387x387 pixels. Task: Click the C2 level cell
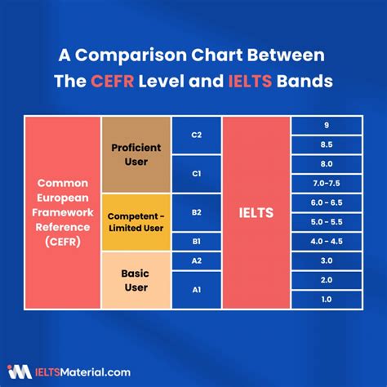[x=197, y=136]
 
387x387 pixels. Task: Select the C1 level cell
[x=197, y=174]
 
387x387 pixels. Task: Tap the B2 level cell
[x=197, y=212]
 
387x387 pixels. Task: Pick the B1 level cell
[x=197, y=242]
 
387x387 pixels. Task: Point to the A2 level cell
[x=197, y=261]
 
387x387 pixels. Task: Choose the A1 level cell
[x=197, y=290]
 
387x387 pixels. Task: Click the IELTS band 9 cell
[x=327, y=126]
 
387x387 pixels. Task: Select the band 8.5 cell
[x=327, y=145]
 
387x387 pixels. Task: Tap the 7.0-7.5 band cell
[x=327, y=184]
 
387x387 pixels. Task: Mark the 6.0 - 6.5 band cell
[x=327, y=202]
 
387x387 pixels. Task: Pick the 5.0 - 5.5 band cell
[x=327, y=222]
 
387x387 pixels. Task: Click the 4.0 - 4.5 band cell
[x=327, y=242]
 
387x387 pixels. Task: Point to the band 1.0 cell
[x=327, y=300]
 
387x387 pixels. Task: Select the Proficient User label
[x=136, y=154]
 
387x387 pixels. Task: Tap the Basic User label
[x=136, y=280]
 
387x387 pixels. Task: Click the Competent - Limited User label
[x=136, y=222]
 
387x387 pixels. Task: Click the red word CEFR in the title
[x=112, y=81]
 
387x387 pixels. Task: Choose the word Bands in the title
[x=305, y=81]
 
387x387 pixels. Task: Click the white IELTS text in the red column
[x=256, y=213]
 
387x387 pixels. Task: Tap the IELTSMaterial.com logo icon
[x=20, y=371]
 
